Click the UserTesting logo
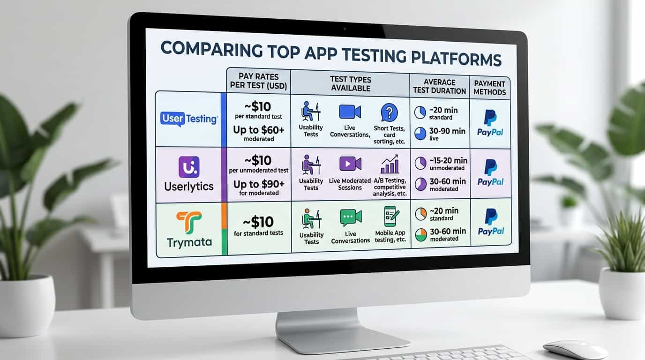click(x=188, y=119)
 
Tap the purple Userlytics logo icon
click(x=189, y=167)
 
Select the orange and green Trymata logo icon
click(x=189, y=222)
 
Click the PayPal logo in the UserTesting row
click(x=490, y=123)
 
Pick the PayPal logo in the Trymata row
click(x=490, y=222)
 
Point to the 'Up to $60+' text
click(x=258, y=130)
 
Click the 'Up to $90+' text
click(x=258, y=184)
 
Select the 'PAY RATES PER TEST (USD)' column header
click(x=258, y=81)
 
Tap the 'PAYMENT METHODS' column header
click(x=489, y=88)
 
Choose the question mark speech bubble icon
click(x=389, y=112)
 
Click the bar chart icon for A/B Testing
click(x=390, y=164)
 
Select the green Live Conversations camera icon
click(x=350, y=217)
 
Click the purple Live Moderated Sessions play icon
click(x=350, y=164)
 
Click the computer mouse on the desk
click(x=575, y=349)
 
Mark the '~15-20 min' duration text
click(x=447, y=160)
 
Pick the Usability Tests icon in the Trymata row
click(x=310, y=218)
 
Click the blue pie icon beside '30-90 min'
click(x=420, y=134)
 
